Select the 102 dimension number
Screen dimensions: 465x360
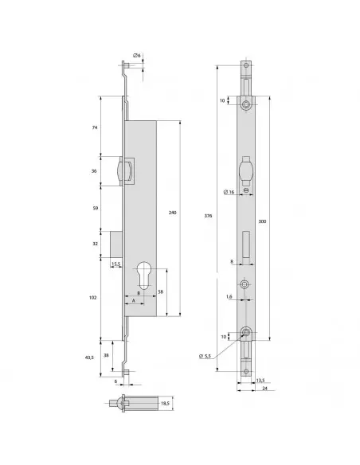click(x=93, y=297)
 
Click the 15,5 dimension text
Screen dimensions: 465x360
click(x=115, y=264)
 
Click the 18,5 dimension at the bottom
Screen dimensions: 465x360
click(x=166, y=404)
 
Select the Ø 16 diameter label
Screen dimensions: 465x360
click(x=228, y=192)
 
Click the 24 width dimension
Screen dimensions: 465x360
click(x=265, y=389)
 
